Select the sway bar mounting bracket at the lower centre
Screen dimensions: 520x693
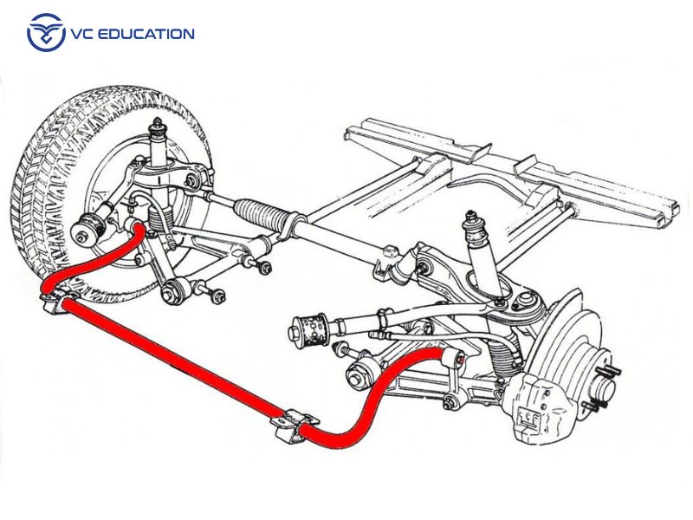pos(289,426)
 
